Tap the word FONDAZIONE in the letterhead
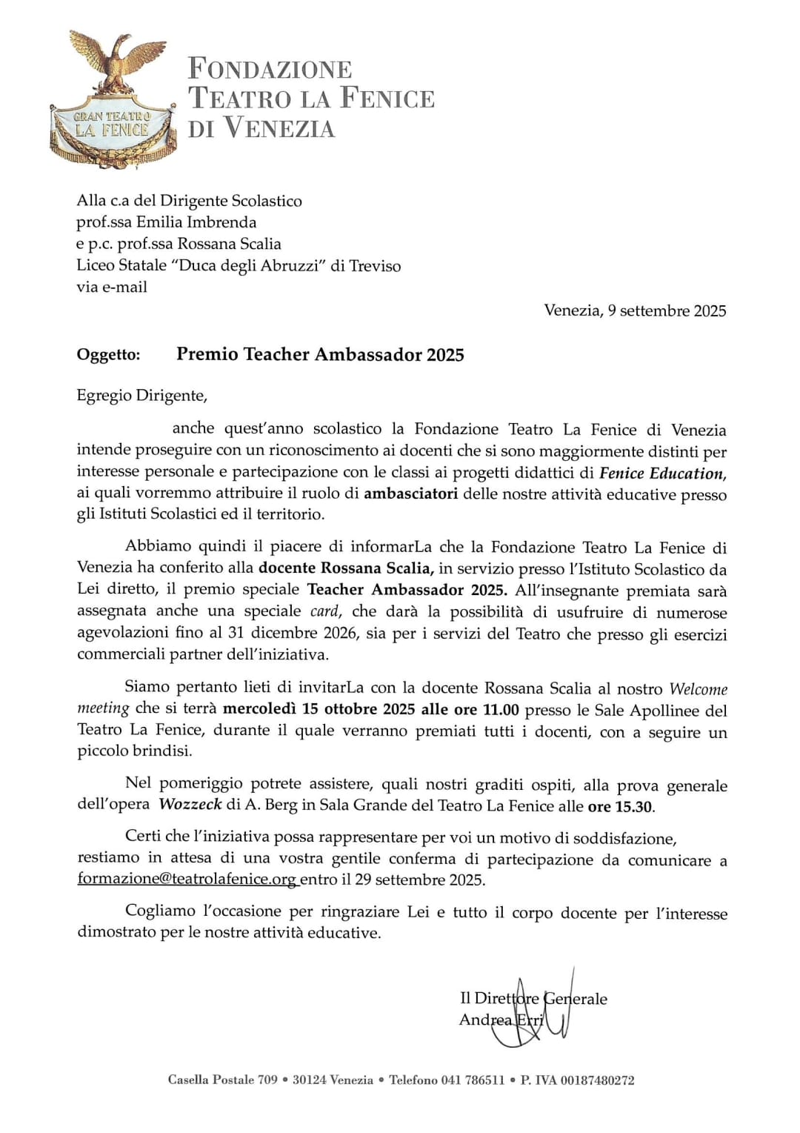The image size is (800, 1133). tap(270, 69)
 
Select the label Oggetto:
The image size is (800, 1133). tap(108, 355)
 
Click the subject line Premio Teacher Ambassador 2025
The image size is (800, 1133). tap(320, 354)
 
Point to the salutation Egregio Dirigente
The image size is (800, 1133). tap(141, 396)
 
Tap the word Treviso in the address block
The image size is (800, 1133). tap(375, 265)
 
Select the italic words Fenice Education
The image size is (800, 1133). tap(661, 473)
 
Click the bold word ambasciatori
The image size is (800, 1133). tap(410, 494)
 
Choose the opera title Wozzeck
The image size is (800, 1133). tap(190, 805)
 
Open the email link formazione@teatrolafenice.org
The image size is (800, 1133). tap(187, 880)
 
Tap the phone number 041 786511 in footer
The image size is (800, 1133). tap(472, 1080)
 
